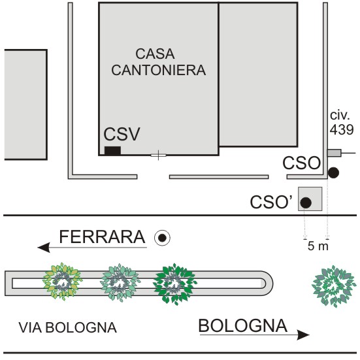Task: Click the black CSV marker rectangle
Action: (x=112, y=151)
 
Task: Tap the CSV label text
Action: (x=122, y=134)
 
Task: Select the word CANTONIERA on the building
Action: (x=158, y=70)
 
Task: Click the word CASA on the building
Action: (x=155, y=54)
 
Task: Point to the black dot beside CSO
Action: (x=333, y=172)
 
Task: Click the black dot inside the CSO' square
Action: (x=306, y=203)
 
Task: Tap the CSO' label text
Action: (x=271, y=203)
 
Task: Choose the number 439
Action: (x=342, y=130)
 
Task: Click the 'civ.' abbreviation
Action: (x=340, y=115)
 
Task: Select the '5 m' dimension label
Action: (x=318, y=246)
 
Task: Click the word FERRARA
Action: (x=102, y=237)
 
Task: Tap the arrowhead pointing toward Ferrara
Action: (x=44, y=248)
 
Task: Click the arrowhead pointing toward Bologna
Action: (x=303, y=335)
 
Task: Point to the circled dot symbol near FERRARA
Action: (x=162, y=238)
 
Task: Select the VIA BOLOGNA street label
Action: (x=67, y=327)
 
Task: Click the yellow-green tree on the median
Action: (x=62, y=282)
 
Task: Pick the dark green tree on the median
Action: (x=174, y=284)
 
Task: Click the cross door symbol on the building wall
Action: (x=158, y=155)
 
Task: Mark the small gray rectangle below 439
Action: (x=334, y=153)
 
